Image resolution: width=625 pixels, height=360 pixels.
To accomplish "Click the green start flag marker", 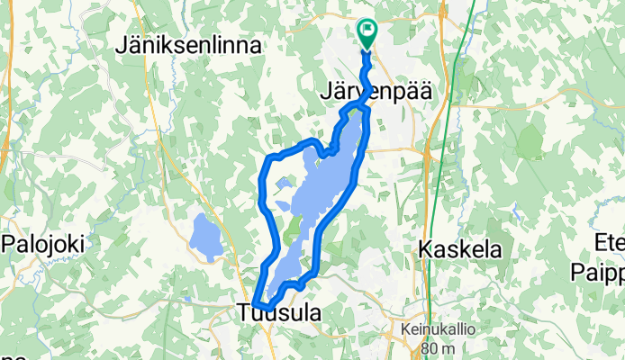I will click(x=367, y=32).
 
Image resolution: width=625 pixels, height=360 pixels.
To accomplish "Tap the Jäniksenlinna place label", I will click(x=189, y=46).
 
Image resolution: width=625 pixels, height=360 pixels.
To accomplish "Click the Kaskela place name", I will click(x=459, y=251).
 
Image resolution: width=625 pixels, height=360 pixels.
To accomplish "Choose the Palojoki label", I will click(x=42, y=243).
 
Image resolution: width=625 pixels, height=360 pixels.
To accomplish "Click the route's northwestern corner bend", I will click(x=268, y=162).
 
